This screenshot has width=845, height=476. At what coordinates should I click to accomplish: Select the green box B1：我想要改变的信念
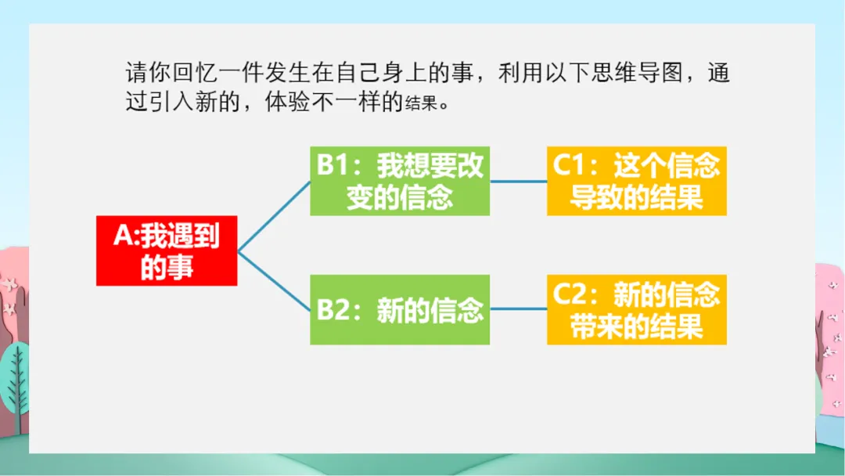click(x=400, y=181)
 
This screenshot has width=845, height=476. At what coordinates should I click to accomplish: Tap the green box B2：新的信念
click(x=400, y=310)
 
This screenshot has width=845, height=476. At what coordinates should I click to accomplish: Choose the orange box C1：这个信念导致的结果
click(x=636, y=181)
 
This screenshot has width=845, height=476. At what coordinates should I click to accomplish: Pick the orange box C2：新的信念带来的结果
click(x=636, y=310)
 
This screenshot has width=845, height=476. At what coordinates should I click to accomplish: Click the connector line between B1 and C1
click(x=518, y=181)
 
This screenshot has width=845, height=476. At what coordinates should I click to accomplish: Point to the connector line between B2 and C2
click(x=518, y=310)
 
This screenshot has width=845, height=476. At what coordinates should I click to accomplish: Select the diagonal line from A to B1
click(x=274, y=216)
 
